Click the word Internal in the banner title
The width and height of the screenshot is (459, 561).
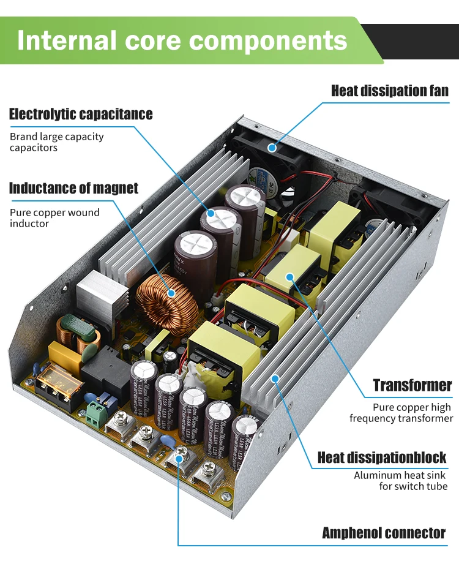click(67, 40)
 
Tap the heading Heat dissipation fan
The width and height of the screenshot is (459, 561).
click(390, 91)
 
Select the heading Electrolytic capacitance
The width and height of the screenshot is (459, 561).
click(81, 114)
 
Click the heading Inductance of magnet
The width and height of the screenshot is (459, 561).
click(73, 188)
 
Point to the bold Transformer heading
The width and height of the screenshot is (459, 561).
click(412, 385)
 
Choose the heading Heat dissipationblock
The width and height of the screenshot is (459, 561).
click(381, 457)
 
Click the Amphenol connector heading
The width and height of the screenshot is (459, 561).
click(384, 533)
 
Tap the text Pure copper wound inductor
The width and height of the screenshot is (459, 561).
click(54, 218)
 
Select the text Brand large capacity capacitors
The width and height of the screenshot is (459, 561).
click(56, 142)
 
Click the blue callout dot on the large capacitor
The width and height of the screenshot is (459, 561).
click(211, 214)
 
